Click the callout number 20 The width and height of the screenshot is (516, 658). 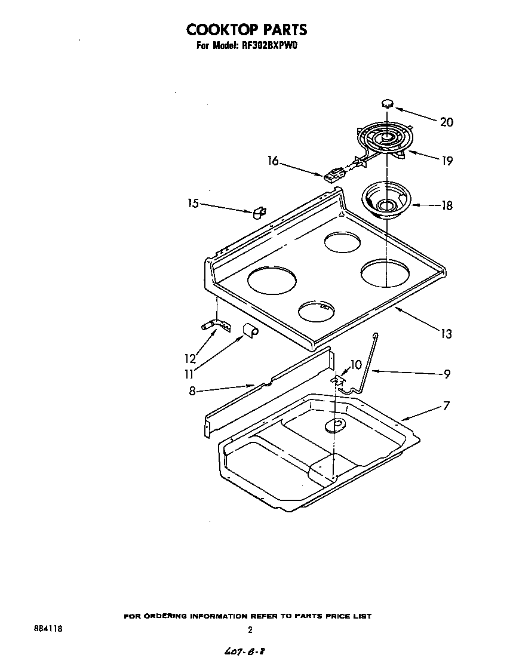pyautogui.click(x=446, y=122)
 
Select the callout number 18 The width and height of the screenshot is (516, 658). pyautogui.click(x=446, y=205)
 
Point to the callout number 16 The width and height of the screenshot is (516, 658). pyautogui.click(x=273, y=161)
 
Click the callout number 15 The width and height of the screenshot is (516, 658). pyautogui.click(x=192, y=204)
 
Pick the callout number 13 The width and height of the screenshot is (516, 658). pyautogui.click(x=446, y=334)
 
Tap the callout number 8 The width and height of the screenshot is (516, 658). pyautogui.click(x=192, y=391)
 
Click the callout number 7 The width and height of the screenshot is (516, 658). pyautogui.click(x=446, y=406)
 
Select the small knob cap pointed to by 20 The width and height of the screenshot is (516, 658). pyautogui.click(x=388, y=103)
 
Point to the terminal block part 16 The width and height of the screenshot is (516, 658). pyautogui.click(x=334, y=175)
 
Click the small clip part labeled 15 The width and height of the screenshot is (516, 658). pyautogui.click(x=259, y=212)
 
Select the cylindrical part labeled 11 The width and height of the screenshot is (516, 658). pyautogui.click(x=249, y=330)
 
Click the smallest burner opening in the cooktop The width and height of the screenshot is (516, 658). pyautogui.click(x=316, y=309)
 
